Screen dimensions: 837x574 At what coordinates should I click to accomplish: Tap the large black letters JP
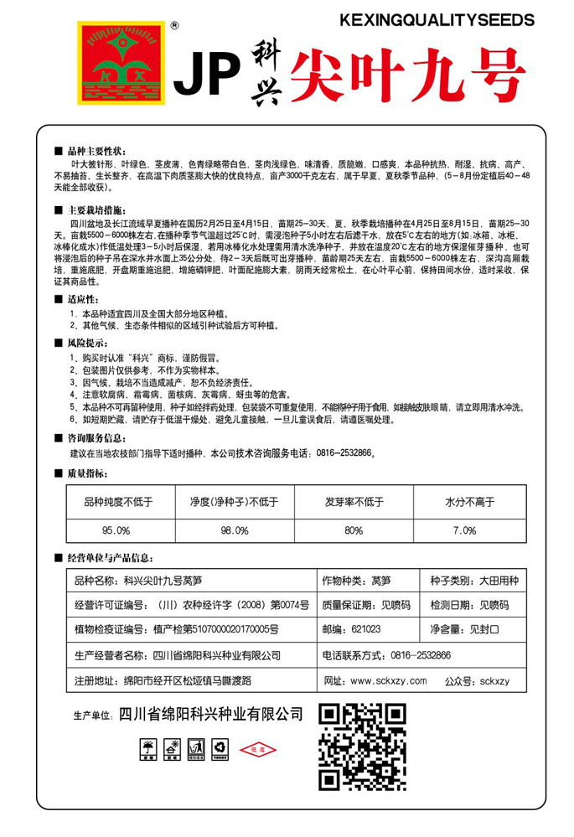tap(205, 77)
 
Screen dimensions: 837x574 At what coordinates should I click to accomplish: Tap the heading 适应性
tap(82, 299)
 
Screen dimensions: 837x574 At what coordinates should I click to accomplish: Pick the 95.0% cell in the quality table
tap(116, 530)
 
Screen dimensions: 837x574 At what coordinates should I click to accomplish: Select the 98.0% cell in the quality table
tap(234, 530)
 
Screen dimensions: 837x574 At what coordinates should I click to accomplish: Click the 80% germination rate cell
tap(354, 530)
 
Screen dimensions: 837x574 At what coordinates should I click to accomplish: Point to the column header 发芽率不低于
tap(354, 503)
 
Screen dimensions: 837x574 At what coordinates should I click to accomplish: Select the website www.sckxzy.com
tap(389, 680)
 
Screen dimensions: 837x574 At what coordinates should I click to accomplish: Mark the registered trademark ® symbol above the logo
tap(173, 26)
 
